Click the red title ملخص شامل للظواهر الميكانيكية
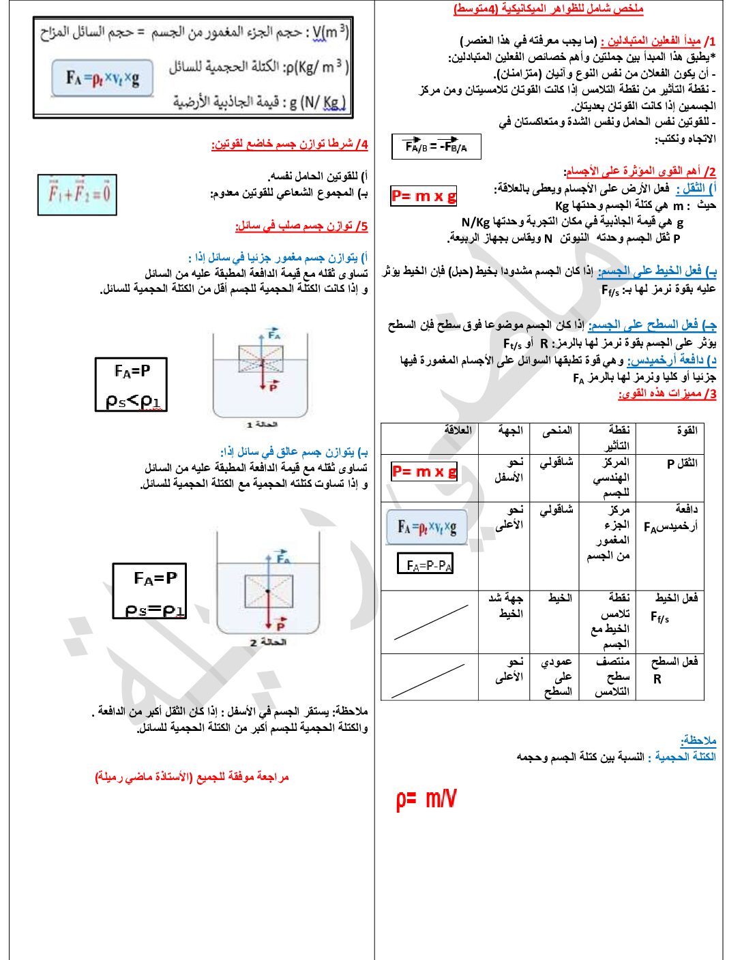click(548, 10)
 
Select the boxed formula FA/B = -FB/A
click(436, 146)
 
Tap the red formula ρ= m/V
click(426, 798)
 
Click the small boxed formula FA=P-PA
click(426, 564)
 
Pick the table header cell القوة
click(686, 431)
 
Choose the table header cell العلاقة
click(458, 431)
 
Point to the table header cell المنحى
click(556, 431)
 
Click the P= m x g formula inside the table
click(424, 471)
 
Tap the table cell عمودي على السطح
click(556, 676)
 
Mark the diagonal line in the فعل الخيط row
click(430, 622)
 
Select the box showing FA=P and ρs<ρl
click(131, 385)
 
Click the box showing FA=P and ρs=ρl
click(149, 590)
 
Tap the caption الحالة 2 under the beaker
click(268, 642)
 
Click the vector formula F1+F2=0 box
click(77, 194)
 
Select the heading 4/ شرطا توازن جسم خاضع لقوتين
click(289, 145)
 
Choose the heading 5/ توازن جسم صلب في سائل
click(301, 226)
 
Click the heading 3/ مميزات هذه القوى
click(666, 394)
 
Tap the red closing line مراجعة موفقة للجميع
click(192, 777)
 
